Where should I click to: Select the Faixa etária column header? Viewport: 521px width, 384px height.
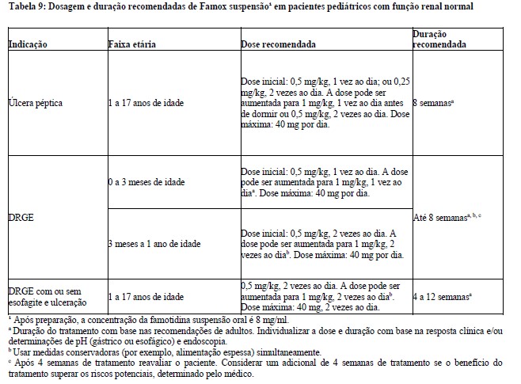pos(131,46)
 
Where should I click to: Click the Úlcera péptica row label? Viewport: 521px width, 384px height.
pos(36,103)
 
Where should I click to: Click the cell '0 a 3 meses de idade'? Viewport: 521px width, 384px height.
pos(146,183)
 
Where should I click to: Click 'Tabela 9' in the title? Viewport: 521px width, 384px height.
pos(24,7)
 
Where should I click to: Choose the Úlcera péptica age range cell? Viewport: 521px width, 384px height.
pos(150,103)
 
